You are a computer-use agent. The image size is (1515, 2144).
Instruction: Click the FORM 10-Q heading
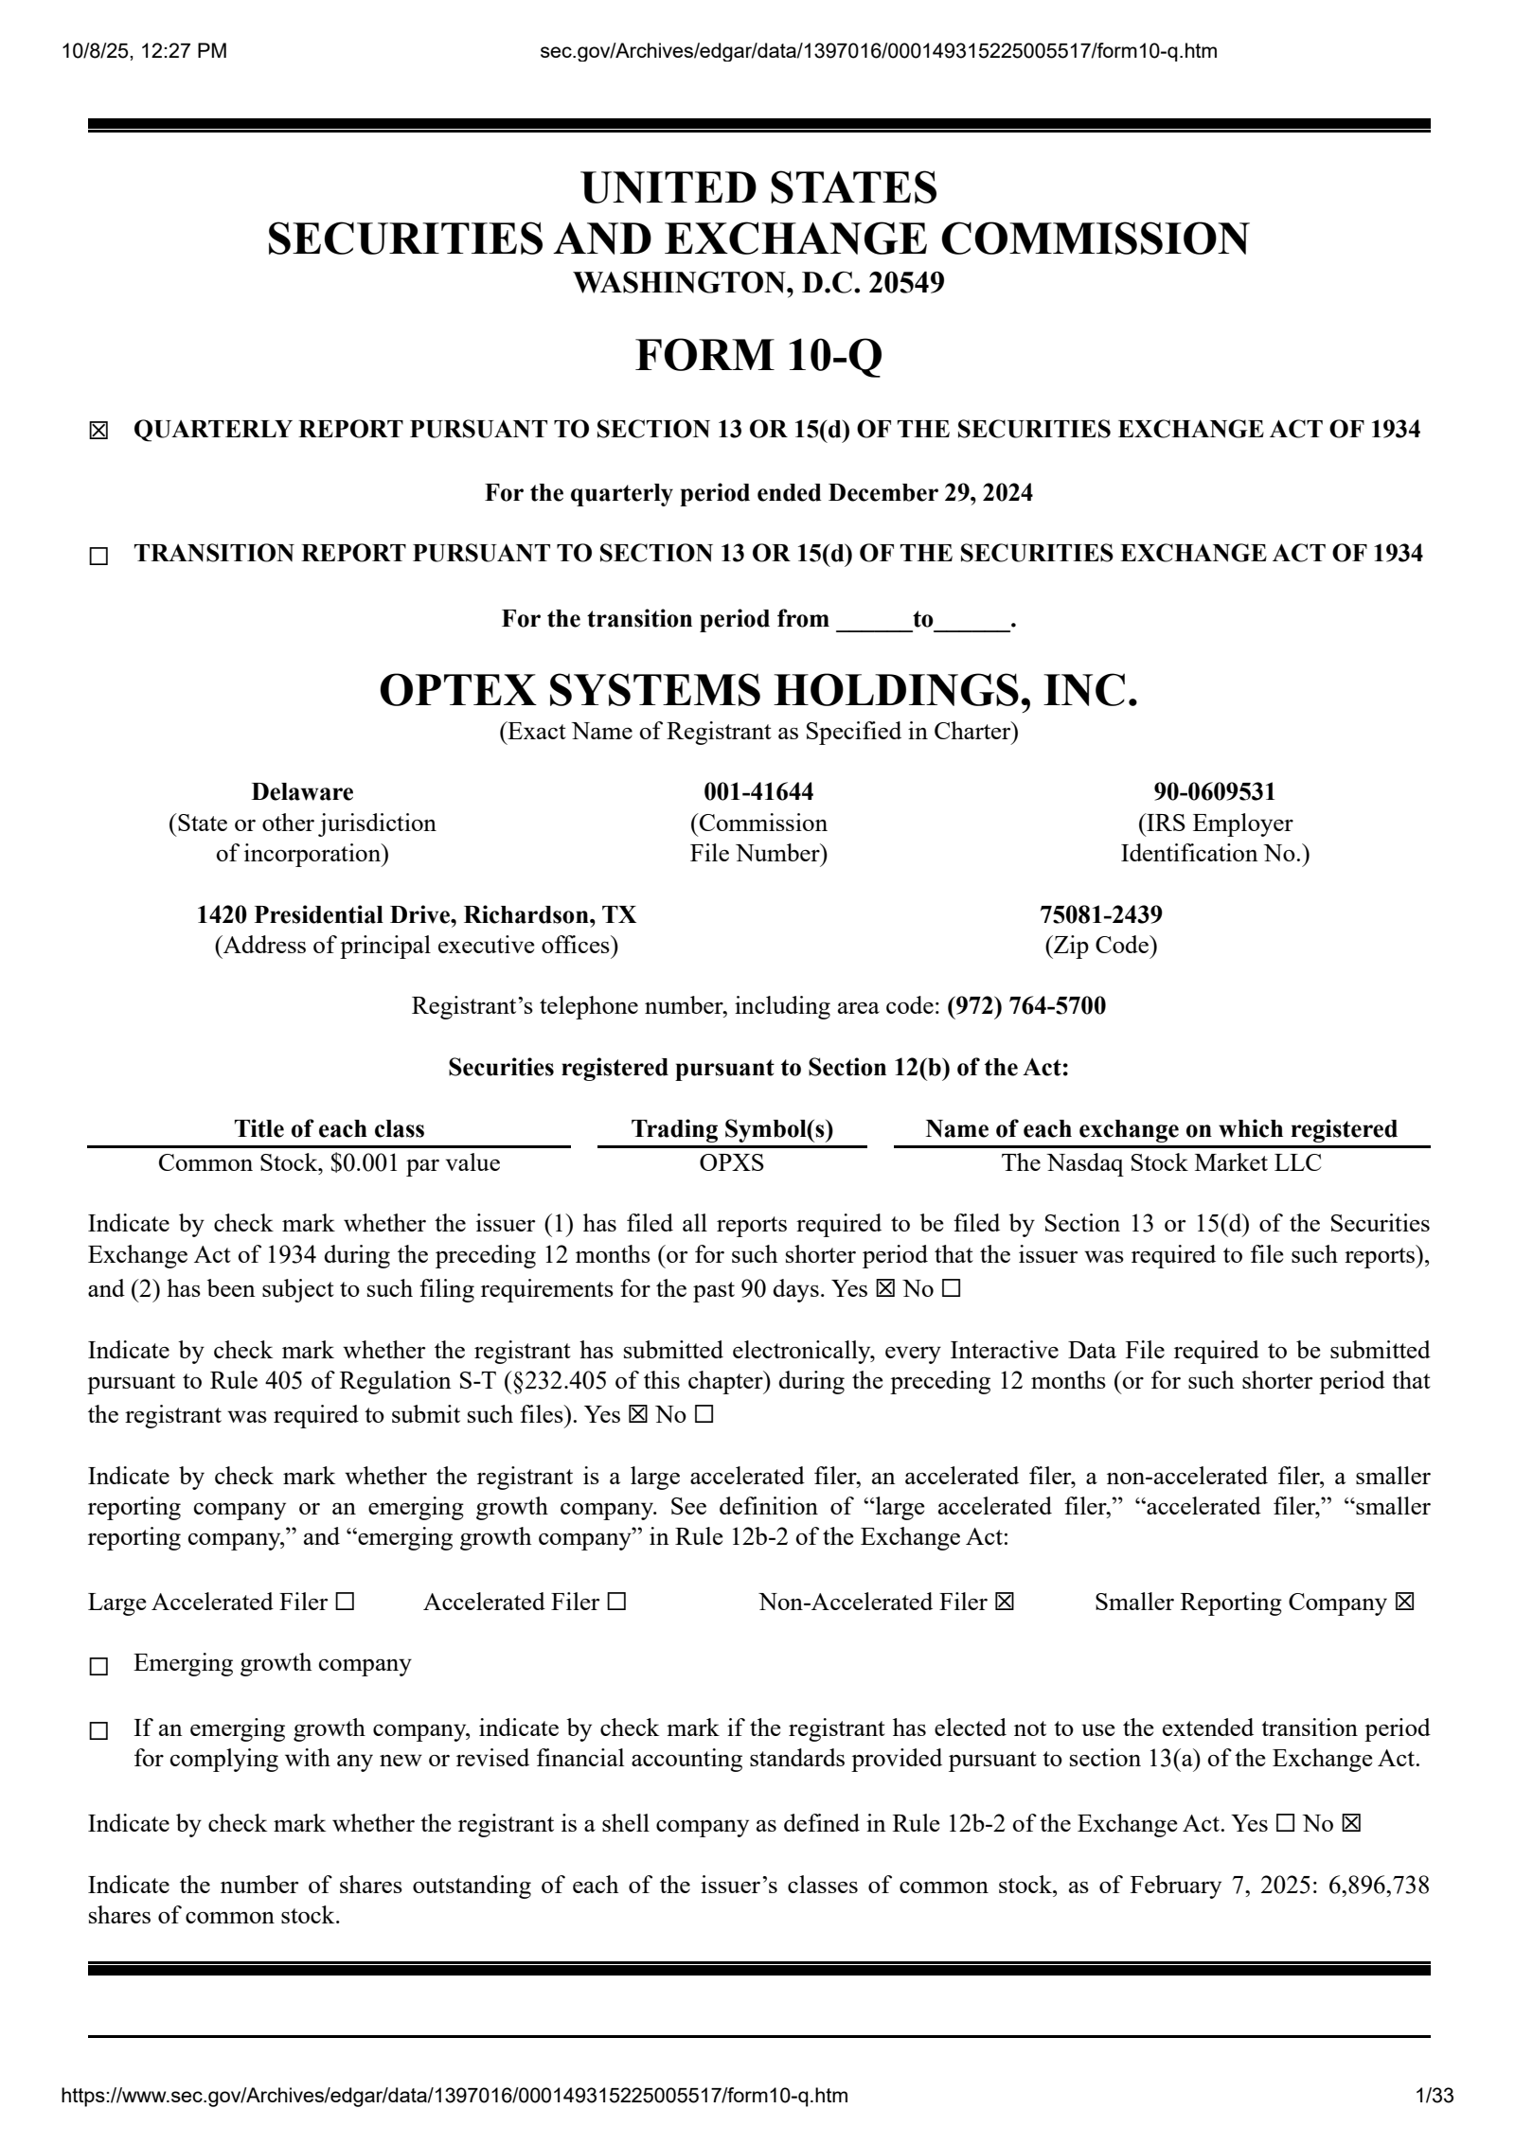(x=758, y=356)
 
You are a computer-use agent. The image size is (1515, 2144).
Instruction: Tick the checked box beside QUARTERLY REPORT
(x=98, y=432)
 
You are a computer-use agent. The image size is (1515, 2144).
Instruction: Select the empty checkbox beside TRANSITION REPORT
(x=98, y=557)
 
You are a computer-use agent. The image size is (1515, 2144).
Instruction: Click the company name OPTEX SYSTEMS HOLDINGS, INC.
(x=758, y=690)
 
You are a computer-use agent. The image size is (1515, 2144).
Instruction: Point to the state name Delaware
(x=302, y=791)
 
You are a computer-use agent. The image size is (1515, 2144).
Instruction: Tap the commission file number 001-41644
(x=758, y=791)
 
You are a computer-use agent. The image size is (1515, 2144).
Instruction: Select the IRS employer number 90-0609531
(x=1215, y=791)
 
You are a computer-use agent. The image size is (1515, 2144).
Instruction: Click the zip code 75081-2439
(x=1101, y=914)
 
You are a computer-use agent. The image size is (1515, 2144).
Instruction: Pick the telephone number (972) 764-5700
(x=1026, y=1005)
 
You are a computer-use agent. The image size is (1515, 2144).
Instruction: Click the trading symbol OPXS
(x=731, y=1162)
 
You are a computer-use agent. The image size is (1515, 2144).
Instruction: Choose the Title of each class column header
(x=330, y=1128)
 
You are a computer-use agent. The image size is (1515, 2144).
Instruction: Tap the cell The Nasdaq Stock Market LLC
(x=1161, y=1162)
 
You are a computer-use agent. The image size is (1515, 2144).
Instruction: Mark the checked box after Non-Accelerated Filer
(x=1005, y=1602)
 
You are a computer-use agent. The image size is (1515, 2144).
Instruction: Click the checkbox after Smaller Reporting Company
(x=1405, y=1602)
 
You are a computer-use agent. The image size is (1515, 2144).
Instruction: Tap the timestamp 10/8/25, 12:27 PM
(x=144, y=51)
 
